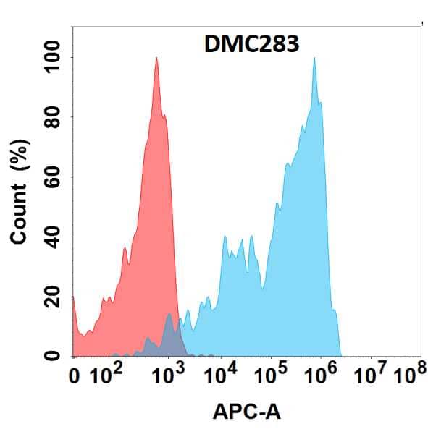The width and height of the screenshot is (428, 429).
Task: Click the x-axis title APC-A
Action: [247, 412]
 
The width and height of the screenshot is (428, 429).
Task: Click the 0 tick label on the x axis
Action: [74, 377]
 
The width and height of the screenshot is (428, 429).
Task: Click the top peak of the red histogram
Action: [156, 59]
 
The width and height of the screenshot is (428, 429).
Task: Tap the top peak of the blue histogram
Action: [314, 59]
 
